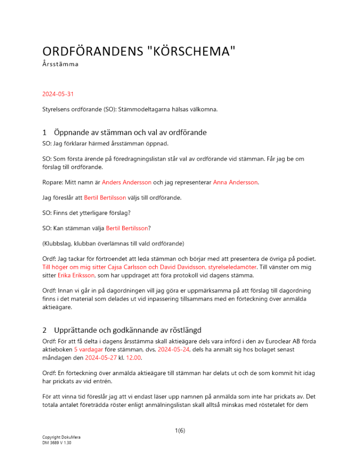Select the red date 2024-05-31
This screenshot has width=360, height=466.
pyautogui.click(x=58, y=94)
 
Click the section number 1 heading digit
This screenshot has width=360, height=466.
pyautogui.click(x=44, y=132)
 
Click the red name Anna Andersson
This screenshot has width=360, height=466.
pyautogui.click(x=235, y=182)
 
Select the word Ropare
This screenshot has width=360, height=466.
pyautogui.click(x=53, y=182)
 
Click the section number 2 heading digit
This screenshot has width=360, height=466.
pyautogui.click(x=44, y=330)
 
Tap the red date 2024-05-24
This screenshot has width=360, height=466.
pyautogui.click(x=171, y=349)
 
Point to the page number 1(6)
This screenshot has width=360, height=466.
pyautogui.click(x=180, y=431)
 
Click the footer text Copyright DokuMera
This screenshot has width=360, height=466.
pyautogui.click(x=61, y=437)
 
